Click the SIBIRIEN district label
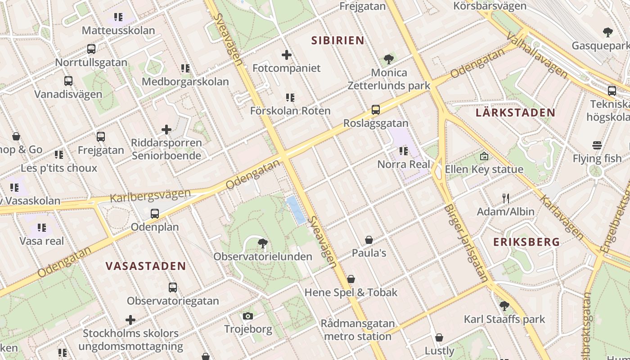pos(337,40)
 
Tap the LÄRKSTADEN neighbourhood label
pos(515,112)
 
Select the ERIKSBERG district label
pos(526,242)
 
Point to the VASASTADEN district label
pos(146,266)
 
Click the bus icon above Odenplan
pos(155,213)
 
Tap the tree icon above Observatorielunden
pos(263,244)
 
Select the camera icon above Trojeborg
pos(248,316)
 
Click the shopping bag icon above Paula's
pos(369,240)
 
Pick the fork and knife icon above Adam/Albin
pos(506,198)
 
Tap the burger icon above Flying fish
pos(597,145)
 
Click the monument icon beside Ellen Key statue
pos(484,156)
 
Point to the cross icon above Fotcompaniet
pos(287,55)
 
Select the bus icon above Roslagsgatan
pos(375,110)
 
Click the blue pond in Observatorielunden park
pos(296,210)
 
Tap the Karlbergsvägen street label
pos(150,196)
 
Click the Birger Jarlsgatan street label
pos(466,243)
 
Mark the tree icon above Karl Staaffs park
pos(504,306)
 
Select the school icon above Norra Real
pos(403,151)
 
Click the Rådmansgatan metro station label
pos(358,330)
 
